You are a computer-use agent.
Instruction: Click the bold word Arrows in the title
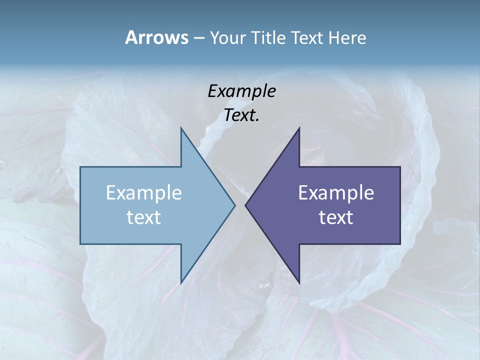(x=156, y=37)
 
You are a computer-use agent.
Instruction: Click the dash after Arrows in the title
(x=198, y=38)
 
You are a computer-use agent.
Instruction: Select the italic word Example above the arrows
(x=241, y=91)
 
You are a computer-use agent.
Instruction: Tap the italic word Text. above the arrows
(x=241, y=115)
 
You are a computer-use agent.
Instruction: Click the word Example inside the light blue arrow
(x=144, y=192)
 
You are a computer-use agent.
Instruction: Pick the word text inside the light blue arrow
(x=144, y=217)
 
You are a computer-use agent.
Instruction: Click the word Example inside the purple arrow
(x=336, y=192)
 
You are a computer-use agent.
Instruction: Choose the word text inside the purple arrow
(x=336, y=217)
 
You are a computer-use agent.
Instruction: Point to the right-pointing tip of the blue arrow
(x=235, y=205)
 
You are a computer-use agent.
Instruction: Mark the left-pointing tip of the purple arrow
(x=245, y=205)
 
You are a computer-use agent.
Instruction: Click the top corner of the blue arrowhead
(x=181, y=127)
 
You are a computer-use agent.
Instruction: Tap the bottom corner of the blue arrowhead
(x=181, y=283)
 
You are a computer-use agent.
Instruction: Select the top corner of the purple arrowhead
(x=299, y=127)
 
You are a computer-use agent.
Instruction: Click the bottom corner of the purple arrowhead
(x=299, y=283)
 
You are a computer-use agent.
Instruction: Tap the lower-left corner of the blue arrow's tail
(x=80, y=244)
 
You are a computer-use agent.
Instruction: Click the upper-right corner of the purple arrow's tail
(x=400, y=167)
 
